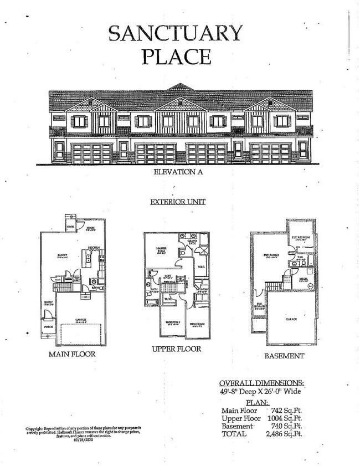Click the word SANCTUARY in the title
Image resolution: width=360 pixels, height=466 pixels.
[x=176, y=33]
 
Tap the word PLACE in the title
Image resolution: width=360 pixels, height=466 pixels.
[x=176, y=57]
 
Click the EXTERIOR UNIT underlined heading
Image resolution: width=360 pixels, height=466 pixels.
[x=178, y=202]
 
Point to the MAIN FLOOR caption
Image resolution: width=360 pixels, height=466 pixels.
[x=72, y=354]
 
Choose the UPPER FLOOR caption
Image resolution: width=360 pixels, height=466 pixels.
[x=177, y=349]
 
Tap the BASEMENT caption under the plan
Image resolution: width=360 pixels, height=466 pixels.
[x=284, y=356]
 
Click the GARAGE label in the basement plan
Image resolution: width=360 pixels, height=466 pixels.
[x=291, y=319]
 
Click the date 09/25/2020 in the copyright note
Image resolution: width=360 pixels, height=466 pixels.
[x=84, y=441]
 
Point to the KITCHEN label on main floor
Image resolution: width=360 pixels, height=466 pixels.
[x=94, y=248]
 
